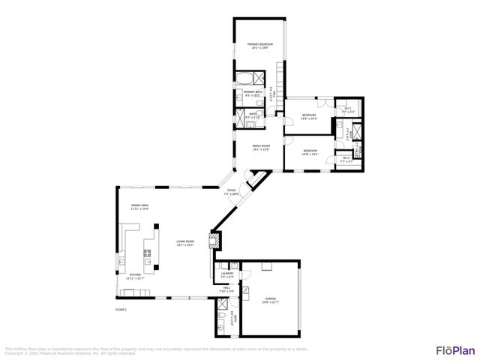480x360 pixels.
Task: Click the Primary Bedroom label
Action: [x=259, y=45]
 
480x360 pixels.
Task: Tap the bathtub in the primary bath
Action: [x=244, y=79]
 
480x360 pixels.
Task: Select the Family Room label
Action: [x=260, y=146]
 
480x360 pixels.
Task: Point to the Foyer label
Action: [x=232, y=191]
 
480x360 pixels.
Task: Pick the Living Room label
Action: [x=185, y=242]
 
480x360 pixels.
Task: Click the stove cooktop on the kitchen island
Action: [x=147, y=253]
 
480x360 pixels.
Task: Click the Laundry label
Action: [x=227, y=274]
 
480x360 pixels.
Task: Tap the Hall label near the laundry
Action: [x=223, y=290]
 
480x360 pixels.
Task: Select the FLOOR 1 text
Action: [x=121, y=309]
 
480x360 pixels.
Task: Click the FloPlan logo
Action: [x=455, y=349]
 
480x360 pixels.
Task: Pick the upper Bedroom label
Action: [x=308, y=115]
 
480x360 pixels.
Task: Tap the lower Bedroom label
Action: [x=310, y=151]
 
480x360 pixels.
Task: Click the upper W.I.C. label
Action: [x=348, y=109]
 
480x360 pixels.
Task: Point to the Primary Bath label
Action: [x=251, y=92]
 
